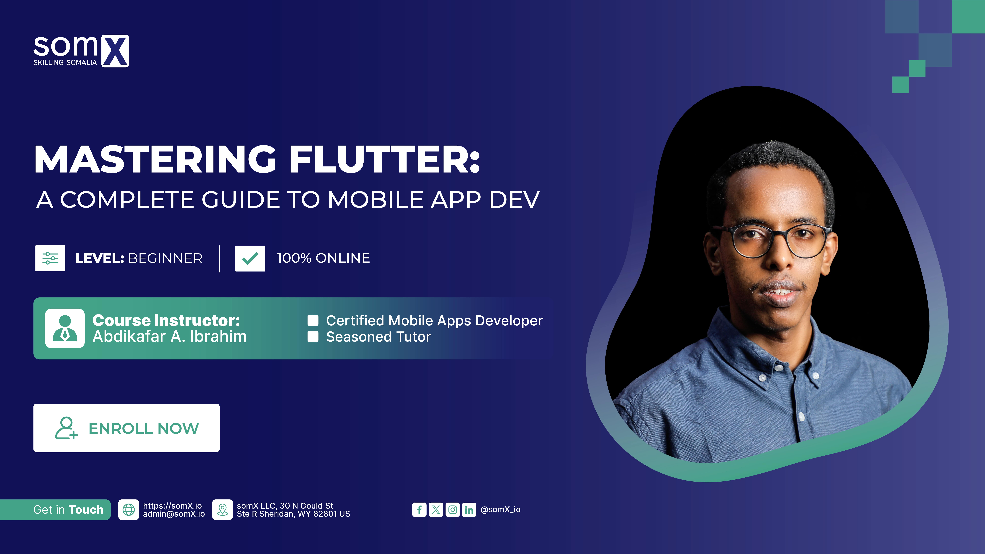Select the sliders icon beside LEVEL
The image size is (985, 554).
coord(50,258)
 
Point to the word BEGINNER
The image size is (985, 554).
coord(165,258)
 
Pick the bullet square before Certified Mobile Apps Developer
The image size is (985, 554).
coord(313,320)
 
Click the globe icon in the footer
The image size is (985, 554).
coord(129,510)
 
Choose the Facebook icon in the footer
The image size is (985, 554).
coord(419,510)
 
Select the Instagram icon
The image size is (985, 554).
coord(452,510)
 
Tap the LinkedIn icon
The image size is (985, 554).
coord(469,510)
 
